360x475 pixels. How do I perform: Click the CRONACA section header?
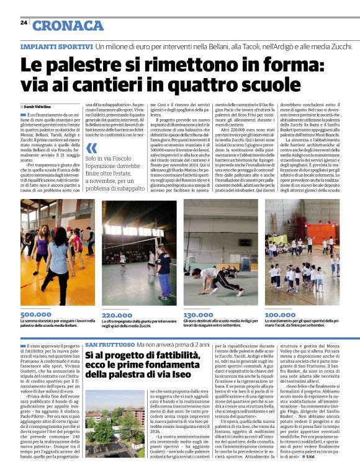pos(68,25)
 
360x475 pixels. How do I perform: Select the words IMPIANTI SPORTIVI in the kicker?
pos(56,47)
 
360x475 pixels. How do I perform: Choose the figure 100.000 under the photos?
pos(280,315)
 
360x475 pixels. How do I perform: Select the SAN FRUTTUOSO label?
pos(109,344)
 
